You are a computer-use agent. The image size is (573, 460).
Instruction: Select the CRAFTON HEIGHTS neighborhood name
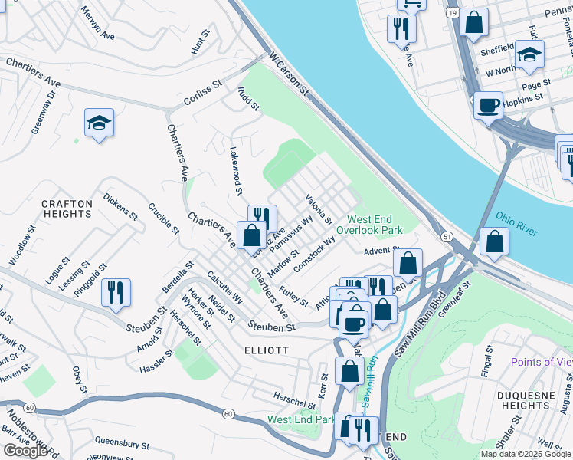point(67,209)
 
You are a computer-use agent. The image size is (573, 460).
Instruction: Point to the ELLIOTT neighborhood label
point(267,350)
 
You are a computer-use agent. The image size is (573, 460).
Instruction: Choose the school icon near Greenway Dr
point(99,123)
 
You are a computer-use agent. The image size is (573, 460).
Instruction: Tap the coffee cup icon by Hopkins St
point(487,106)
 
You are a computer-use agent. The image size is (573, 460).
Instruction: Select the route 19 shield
point(453,13)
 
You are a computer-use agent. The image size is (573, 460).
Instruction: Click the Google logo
point(25,451)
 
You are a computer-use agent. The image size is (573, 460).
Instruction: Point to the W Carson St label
point(288,74)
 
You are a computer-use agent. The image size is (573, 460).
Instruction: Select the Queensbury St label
point(122,442)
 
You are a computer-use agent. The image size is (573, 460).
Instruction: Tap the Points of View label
point(542,362)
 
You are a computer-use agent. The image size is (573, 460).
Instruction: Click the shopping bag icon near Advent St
point(409,262)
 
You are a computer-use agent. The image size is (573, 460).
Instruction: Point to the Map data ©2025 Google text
point(526,454)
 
